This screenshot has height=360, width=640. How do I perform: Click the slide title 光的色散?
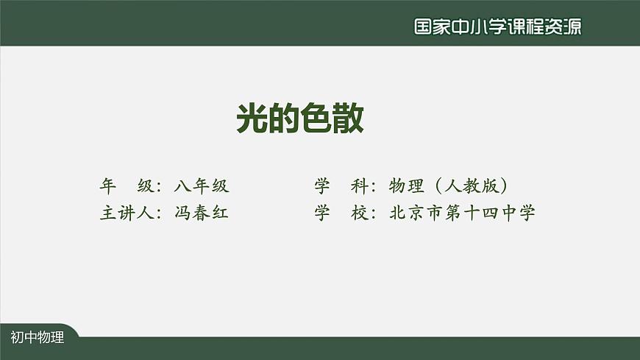pos(300,117)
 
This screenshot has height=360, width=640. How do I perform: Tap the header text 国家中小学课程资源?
pos(497,27)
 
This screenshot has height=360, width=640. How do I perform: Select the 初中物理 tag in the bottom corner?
pos(38,338)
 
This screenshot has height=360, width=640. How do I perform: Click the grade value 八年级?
pos(202,186)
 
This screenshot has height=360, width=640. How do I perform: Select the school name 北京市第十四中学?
pos(462,213)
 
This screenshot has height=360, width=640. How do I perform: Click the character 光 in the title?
pos(252,117)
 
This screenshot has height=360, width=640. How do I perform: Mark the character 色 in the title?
pos(316,117)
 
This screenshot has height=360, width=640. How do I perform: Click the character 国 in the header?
pos(423,27)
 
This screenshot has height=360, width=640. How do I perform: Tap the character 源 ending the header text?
pos(572,27)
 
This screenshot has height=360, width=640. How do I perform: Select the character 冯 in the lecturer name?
pos(183,213)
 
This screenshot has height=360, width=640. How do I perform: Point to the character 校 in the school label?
pos(360,213)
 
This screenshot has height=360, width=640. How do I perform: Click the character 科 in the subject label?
pos(360,186)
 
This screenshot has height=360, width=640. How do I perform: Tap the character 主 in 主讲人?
pos(107,213)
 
